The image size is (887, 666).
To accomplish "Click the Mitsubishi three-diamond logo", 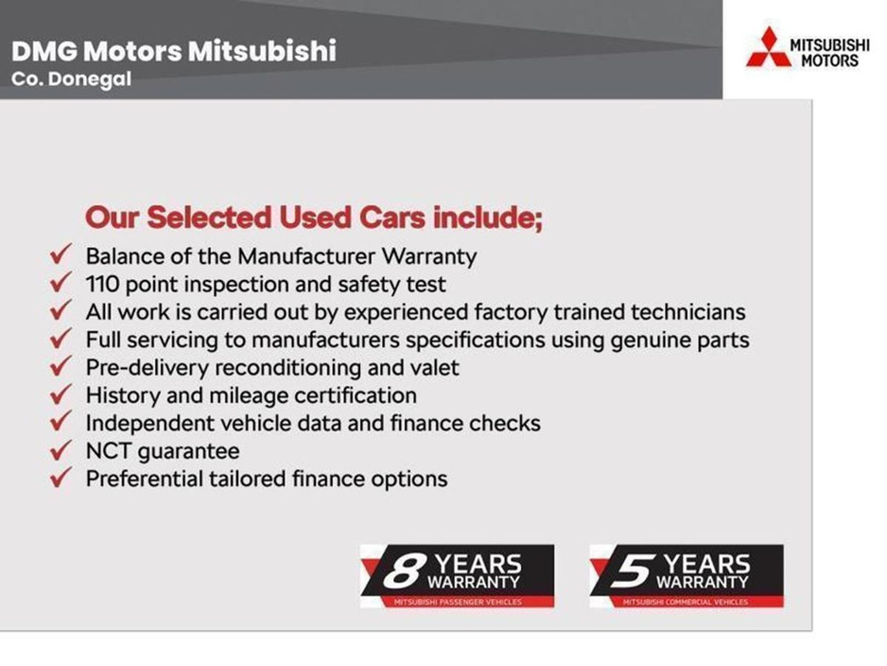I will coord(767,47).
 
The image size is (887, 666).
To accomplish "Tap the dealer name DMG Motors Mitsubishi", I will coord(173,50).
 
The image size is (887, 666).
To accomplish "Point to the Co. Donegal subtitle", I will coord(71,79).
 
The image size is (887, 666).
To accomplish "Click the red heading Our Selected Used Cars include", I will coord(314,217).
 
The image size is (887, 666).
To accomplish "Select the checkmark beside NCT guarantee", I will coord(61,450).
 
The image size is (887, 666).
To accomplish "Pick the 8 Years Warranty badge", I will coord(457,575).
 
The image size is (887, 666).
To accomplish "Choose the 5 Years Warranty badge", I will coord(686,575).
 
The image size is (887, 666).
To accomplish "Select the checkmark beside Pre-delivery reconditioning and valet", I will coord(61,367).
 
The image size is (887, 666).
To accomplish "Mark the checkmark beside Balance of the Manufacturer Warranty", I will coord(61,255).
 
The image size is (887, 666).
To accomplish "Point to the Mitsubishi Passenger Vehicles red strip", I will coord(457,602).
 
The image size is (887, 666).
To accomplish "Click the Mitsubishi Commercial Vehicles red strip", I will coord(686,602).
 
